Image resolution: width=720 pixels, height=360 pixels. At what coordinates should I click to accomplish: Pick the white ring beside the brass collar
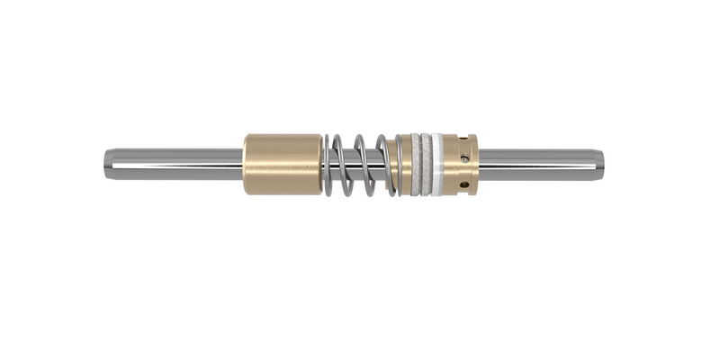pyautogui.click(x=436, y=165)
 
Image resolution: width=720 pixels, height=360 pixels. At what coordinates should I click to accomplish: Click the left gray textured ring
pyautogui.click(x=415, y=165)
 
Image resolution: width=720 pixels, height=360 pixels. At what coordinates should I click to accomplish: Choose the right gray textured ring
pyautogui.click(x=426, y=165)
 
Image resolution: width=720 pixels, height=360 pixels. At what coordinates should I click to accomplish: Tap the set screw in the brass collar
pyautogui.click(x=464, y=158)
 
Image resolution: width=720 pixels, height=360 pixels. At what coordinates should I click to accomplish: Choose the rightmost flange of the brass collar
pyautogui.click(x=473, y=165)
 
